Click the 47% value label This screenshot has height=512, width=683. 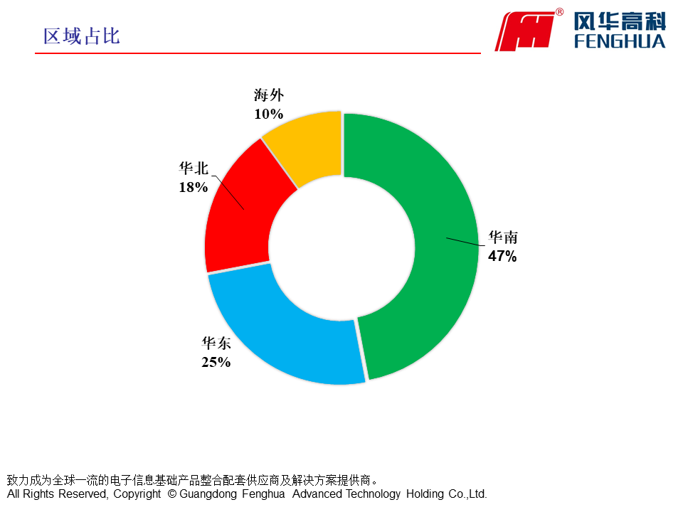click(x=502, y=256)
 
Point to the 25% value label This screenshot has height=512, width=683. click(x=216, y=362)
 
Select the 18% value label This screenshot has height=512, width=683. click(x=193, y=187)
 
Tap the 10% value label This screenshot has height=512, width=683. click(x=268, y=114)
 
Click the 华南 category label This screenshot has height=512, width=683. click(x=502, y=238)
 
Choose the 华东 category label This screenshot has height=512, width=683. click(x=216, y=343)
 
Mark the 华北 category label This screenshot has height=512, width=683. click(x=193, y=169)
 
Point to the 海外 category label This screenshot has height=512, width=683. click(x=268, y=95)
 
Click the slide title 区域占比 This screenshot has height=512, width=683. click(x=82, y=36)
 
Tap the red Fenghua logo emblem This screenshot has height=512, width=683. click(x=526, y=31)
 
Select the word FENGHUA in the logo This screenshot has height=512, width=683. click(x=620, y=41)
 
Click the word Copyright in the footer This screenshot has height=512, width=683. click(x=137, y=494)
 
